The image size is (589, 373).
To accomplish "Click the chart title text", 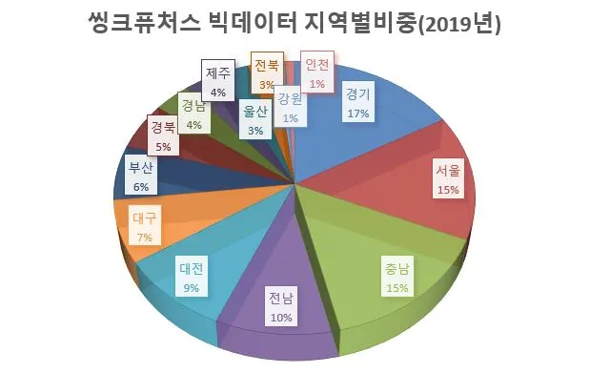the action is click(294, 23).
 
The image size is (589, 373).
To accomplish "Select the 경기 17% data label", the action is click(358, 102).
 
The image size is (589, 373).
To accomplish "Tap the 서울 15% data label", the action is click(448, 179).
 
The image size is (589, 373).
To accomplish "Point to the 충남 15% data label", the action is click(397, 277).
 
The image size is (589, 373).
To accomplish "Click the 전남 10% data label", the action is click(281, 306).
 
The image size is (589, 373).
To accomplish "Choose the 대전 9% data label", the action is click(192, 277).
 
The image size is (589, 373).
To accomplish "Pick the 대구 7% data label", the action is click(145, 225).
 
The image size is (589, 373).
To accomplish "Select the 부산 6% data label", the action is click(141, 176).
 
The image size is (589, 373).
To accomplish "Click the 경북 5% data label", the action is click(163, 135).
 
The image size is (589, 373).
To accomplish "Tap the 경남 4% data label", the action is click(193, 114).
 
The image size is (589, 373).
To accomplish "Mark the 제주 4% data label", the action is click(218, 80).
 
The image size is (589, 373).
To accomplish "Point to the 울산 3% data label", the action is click(255, 119).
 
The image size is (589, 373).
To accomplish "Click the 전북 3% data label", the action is click(267, 73).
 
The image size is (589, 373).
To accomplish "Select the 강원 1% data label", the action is click(291, 107).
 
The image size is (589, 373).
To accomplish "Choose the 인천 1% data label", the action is click(317, 72).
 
